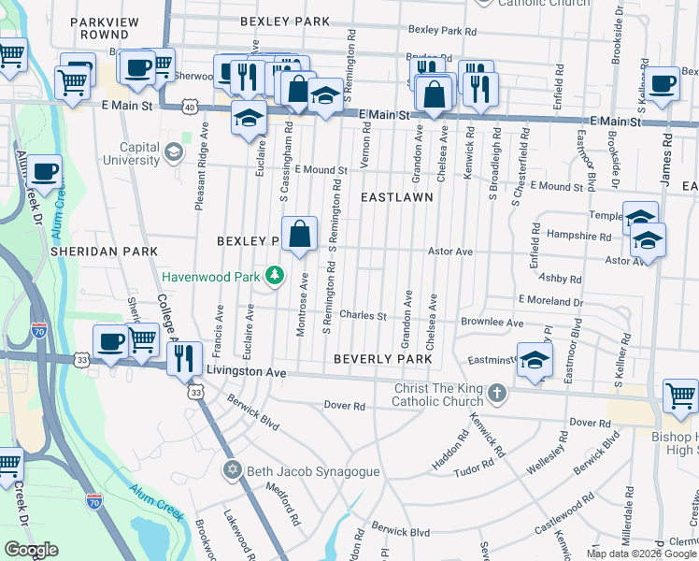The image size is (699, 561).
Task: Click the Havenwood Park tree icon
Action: tap(275, 275)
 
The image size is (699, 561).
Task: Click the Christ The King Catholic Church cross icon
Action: tap(498, 393)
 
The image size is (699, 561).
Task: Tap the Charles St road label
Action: tap(363, 316)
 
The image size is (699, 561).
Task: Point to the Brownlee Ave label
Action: tap(491, 323)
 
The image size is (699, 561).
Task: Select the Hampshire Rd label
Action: tap(578, 237)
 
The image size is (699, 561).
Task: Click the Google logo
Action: tap(31, 550)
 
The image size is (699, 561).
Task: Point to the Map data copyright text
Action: tap(641, 554)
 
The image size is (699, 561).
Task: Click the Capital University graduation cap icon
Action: tap(173, 151)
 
